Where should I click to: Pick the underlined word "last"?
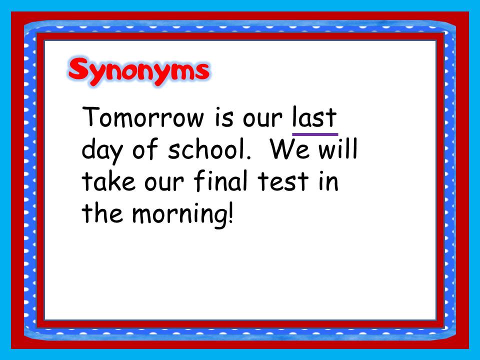point(314,118)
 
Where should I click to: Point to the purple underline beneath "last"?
point(314,134)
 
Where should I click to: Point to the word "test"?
point(278,182)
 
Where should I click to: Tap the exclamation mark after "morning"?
point(230,213)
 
